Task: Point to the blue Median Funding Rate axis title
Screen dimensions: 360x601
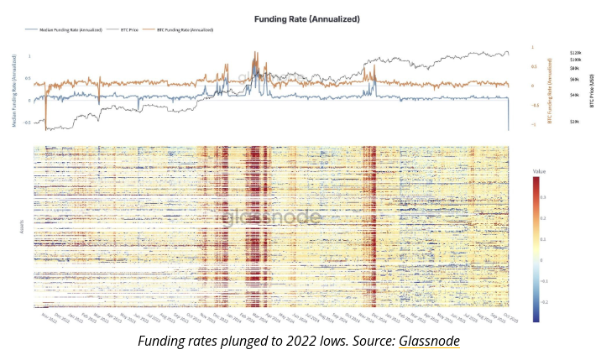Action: click(x=15, y=94)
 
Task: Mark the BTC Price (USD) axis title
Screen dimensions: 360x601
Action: click(x=591, y=92)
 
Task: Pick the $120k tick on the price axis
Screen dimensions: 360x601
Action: click(x=576, y=52)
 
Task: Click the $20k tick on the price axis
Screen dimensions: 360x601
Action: click(x=575, y=121)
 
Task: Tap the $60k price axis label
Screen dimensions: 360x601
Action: click(x=575, y=80)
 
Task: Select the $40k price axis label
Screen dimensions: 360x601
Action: click(x=575, y=96)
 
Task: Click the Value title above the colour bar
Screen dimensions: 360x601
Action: click(x=539, y=171)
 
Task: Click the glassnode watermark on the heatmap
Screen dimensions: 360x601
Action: click(x=271, y=217)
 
